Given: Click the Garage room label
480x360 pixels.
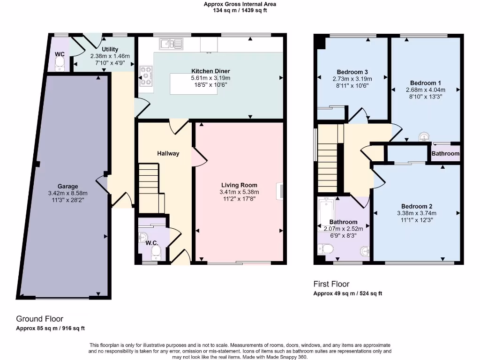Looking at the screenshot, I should coord(68,186).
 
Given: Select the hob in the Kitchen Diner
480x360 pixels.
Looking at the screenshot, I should coord(146,76).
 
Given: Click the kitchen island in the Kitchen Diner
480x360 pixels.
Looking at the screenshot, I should coord(194,85).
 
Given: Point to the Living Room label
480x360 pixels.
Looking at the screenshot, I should coord(239,185).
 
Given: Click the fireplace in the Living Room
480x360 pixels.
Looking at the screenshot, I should coord(280,192).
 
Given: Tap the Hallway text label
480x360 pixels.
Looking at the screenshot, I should coord(168,153).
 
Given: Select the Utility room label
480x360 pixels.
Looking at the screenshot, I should coord(110,49).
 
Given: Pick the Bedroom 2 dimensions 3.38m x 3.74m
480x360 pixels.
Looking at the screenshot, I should coord(417,213).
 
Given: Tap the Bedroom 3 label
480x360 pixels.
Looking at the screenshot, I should coord(352,72).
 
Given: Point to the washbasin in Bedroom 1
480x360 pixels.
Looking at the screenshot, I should coord(424,137).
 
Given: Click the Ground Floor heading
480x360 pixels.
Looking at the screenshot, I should coord(40,319).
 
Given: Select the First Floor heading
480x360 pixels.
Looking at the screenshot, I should coord(331,284).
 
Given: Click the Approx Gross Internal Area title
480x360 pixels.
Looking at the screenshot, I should coord(240,4).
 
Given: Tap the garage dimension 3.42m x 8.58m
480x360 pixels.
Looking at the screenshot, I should coord(68,193).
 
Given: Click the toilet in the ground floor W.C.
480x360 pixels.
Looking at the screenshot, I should coord(156,253).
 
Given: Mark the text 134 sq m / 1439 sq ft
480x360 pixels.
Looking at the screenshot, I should coord(240,10).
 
